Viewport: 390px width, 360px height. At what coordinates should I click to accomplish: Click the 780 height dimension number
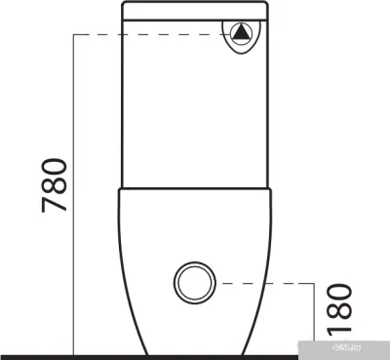54,186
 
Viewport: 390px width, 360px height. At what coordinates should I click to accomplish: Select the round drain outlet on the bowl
193,283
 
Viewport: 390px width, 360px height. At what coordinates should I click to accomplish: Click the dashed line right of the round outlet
263,283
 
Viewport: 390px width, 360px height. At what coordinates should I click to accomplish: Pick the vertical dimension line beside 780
75,195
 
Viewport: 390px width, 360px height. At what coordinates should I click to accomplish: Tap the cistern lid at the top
194,11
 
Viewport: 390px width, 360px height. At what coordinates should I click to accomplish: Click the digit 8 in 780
54,186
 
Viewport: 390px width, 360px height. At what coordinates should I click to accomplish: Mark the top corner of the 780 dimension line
75,35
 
